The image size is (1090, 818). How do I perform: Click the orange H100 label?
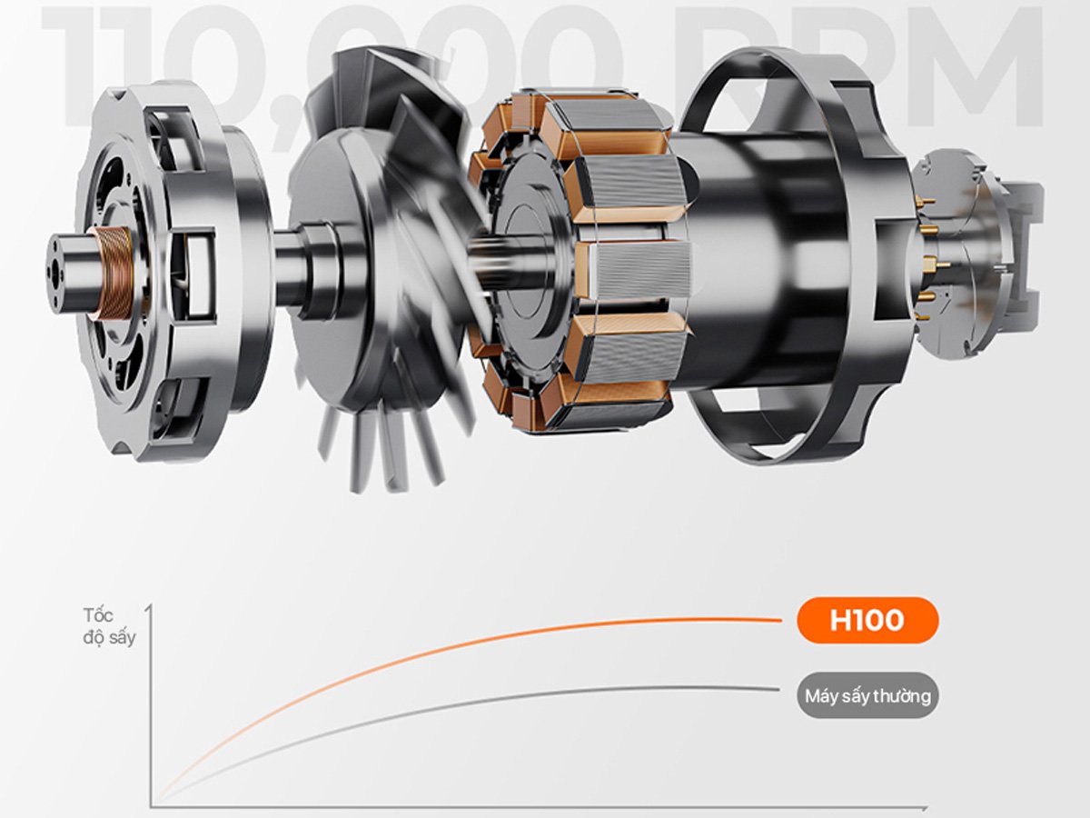click(x=867, y=621)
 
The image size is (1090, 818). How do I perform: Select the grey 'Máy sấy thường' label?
click(x=867, y=697)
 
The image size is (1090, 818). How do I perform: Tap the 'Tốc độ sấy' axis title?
click(x=108, y=625)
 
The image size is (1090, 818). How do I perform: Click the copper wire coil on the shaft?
click(x=113, y=273)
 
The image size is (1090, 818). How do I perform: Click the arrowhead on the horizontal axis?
click(x=924, y=806)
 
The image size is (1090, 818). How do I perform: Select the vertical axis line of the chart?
click(x=152, y=709)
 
